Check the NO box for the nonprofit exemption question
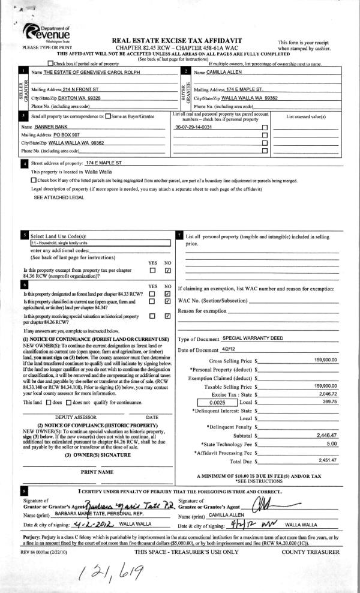click(168, 271)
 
